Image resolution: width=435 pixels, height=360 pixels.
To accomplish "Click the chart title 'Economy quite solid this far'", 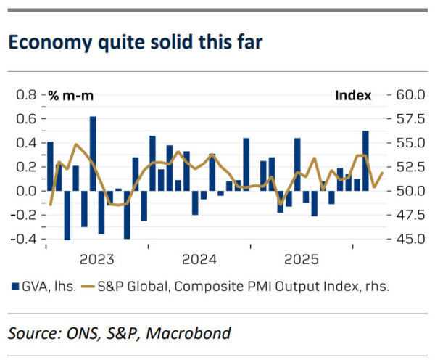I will coord(136,42).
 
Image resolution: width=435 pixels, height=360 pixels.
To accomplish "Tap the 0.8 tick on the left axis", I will coord(26,95).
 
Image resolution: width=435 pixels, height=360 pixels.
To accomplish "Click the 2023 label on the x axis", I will coord(97,259).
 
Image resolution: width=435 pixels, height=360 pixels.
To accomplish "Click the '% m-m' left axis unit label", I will coord(71,95).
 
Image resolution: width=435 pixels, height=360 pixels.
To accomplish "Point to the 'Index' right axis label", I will coord(353,95).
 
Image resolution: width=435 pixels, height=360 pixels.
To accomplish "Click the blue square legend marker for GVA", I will coord(15,287).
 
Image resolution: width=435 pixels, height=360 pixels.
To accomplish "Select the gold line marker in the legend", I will coord(88,287).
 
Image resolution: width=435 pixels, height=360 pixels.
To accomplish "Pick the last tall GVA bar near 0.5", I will coord(365,160).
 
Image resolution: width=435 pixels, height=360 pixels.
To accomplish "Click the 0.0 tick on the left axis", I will coord(26,191).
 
